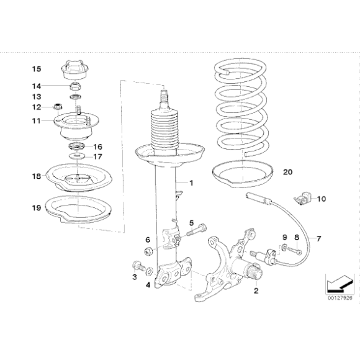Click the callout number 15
click(x=37, y=69)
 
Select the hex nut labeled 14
click(x=75, y=86)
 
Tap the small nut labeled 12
click(x=57, y=107)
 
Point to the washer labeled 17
click(x=77, y=156)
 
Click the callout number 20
click(x=287, y=172)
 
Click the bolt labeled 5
click(x=197, y=230)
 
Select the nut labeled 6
click(x=148, y=251)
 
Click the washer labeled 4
click(x=150, y=271)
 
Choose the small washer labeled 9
click(x=284, y=247)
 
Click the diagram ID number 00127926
click(x=340, y=298)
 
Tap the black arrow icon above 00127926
click(x=340, y=284)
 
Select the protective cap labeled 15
click(x=75, y=71)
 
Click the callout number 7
click(x=318, y=239)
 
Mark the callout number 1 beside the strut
click(x=191, y=183)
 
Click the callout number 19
click(x=37, y=208)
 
